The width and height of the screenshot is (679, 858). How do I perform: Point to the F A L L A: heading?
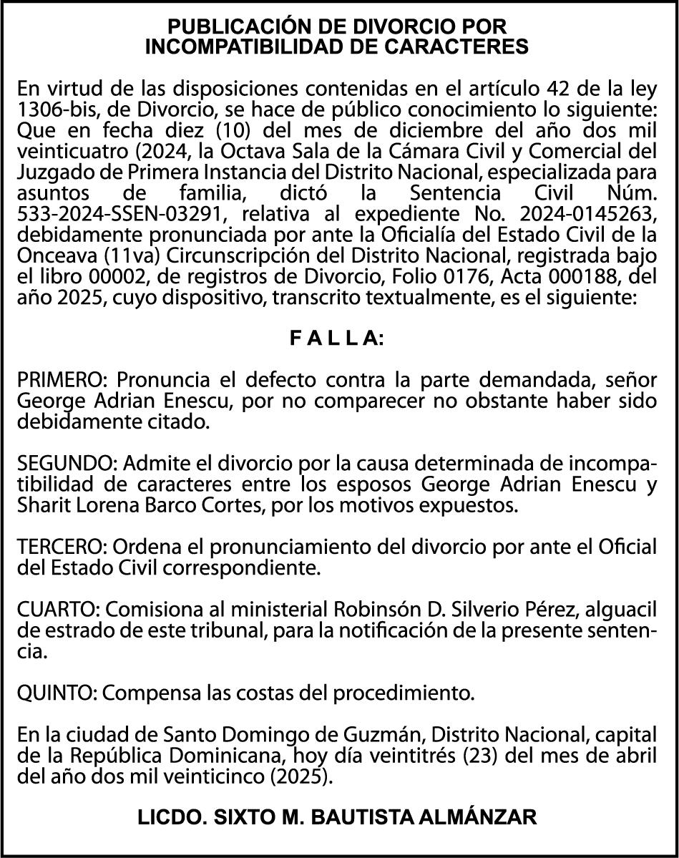(x=336, y=339)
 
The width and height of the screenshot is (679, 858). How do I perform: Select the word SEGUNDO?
(x=66, y=465)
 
